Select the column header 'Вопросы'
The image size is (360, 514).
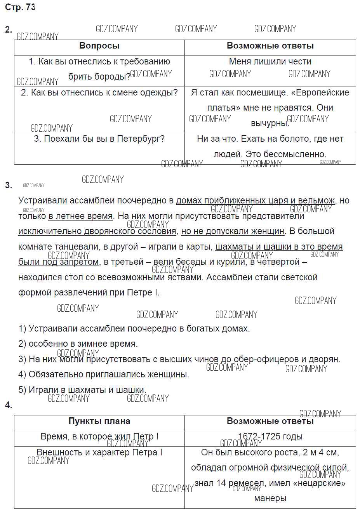pos(99,46)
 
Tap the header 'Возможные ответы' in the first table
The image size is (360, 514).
pos(270,46)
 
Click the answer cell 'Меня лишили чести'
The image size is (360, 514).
pos(270,61)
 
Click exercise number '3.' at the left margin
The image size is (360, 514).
pos(9,185)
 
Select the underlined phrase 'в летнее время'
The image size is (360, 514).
pos(80,216)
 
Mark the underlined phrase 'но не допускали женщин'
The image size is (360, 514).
pos(233,231)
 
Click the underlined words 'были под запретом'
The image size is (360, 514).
pos(59,262)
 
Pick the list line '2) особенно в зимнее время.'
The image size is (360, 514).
pos(78,344)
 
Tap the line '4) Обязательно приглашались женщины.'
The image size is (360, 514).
pos(104,374)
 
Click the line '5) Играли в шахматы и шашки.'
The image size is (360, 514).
pos(82,389)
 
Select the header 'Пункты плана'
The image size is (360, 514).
pos(99,421)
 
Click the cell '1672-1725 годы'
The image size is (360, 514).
pos(270,436)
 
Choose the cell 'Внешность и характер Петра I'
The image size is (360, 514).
pos(99,452)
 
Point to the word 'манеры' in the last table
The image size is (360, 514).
pos(270,498)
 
